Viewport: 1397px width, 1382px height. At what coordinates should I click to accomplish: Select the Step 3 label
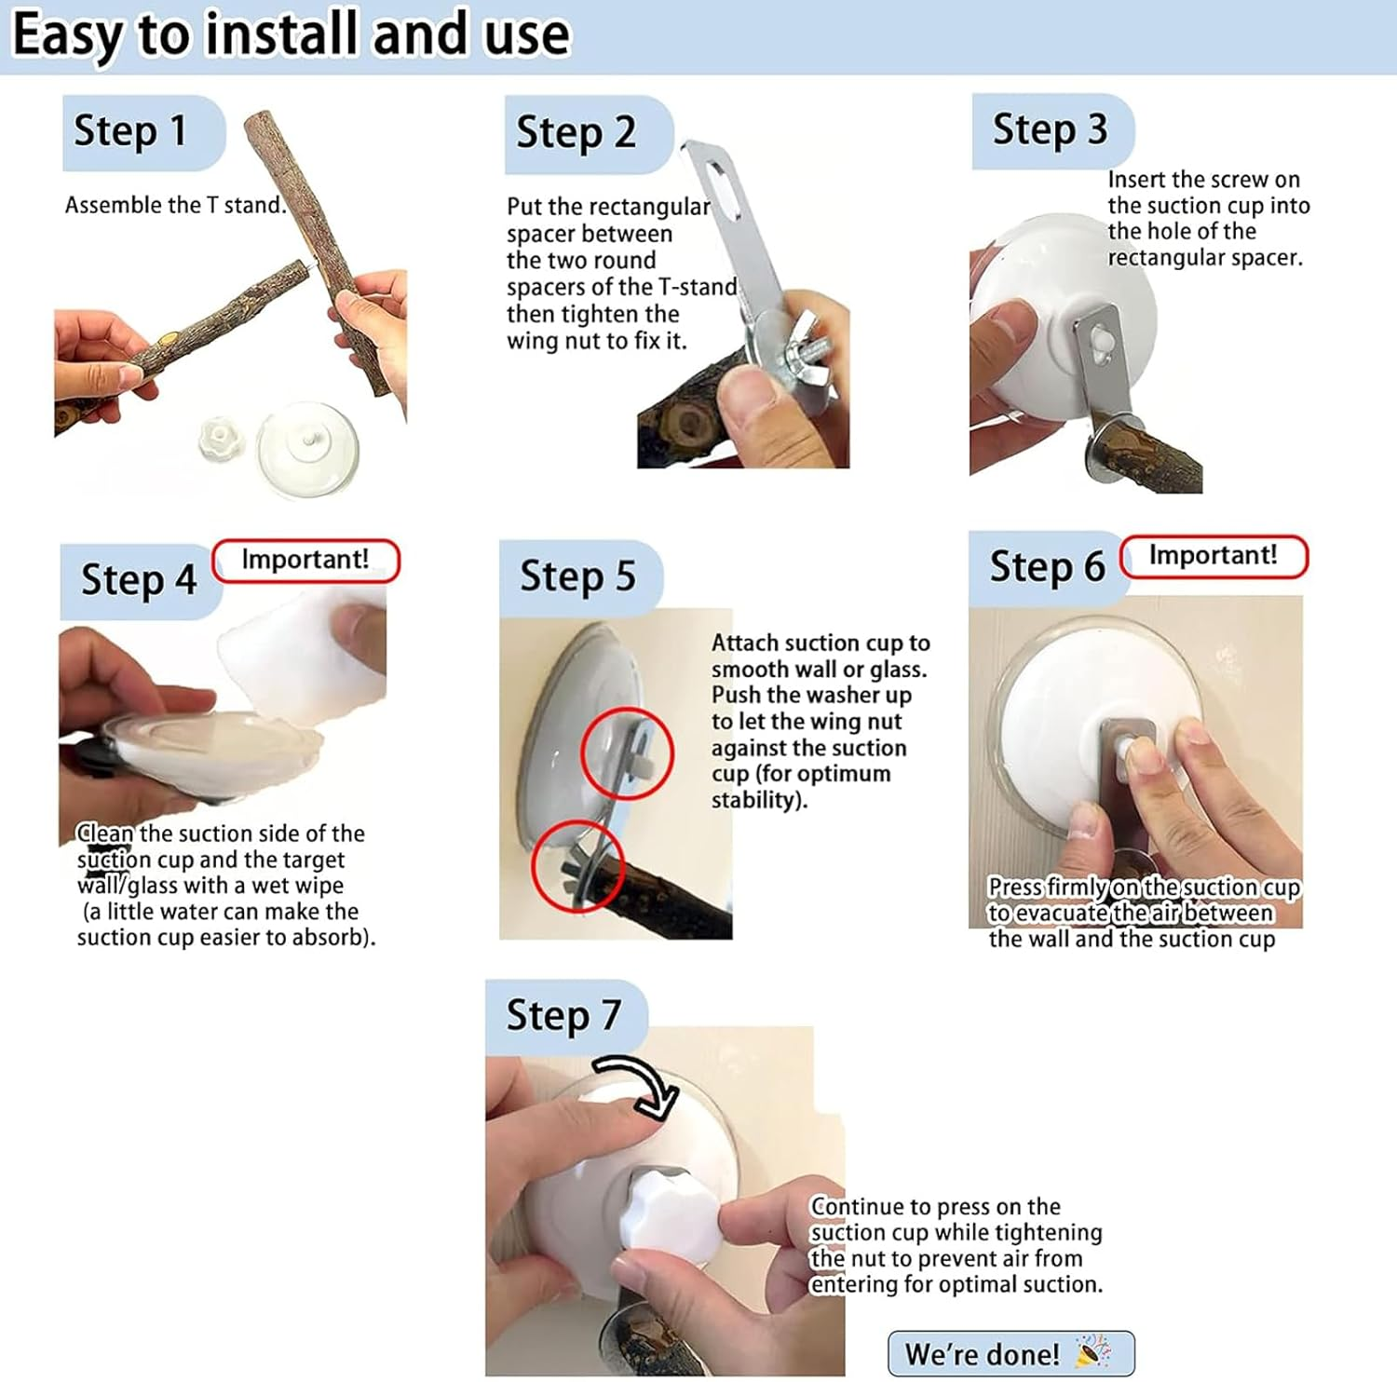point(1051,129)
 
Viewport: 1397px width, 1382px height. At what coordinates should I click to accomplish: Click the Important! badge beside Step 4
point(305,561)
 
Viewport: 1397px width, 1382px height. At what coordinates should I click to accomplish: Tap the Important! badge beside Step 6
point(1214,557)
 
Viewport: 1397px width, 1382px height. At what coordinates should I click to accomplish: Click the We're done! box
point(1010,1353)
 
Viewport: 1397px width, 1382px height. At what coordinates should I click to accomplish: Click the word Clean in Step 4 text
point(105,833)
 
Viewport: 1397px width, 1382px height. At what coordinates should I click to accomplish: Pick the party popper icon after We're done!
point(1092,1352)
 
